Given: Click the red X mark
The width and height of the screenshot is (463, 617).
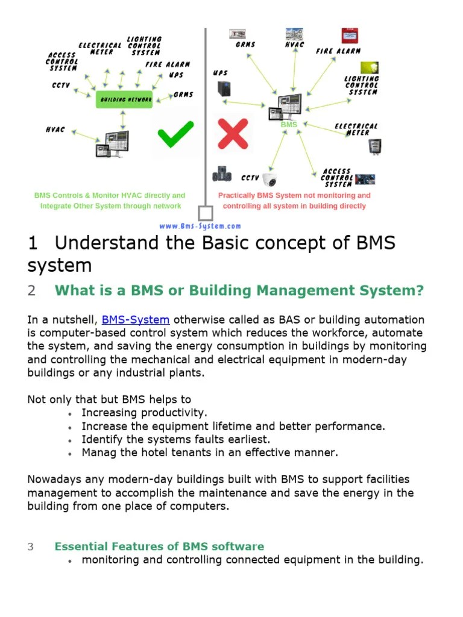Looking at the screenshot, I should click(233, 134).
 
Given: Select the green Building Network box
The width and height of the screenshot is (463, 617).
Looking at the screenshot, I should click(124, 99).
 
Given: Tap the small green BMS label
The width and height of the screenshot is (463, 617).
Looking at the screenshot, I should click(289, 125).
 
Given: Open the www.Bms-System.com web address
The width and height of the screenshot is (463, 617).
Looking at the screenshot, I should click(200, 226).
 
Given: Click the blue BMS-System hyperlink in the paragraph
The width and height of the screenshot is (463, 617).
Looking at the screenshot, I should click(135, 320).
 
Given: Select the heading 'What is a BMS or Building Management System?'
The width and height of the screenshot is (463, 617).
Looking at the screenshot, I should click(239, 290).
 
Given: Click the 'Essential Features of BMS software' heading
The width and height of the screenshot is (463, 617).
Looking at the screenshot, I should click(159, 547).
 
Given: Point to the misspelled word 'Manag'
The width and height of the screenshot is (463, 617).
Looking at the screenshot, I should click(98, 452).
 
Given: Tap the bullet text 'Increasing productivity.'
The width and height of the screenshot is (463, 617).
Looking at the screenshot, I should click(144, 413).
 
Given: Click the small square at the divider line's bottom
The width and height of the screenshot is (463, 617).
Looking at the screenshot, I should click(206, 213).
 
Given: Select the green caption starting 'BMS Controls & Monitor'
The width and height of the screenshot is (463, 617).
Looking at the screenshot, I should click(110, 201).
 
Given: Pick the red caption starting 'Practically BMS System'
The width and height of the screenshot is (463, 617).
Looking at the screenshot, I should click(294, 201).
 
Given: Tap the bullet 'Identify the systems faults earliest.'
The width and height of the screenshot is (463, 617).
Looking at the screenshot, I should click(176, 439).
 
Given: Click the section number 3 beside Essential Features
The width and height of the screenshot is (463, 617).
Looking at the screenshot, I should click(31, 547).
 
